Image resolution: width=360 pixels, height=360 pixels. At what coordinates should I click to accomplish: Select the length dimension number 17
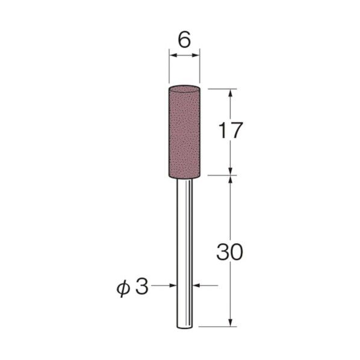click(x=231, y=131)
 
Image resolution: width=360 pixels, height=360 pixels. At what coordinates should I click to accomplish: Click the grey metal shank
click(x=185, y=253)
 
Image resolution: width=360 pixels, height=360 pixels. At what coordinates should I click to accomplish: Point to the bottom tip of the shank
click(x=185, y=327)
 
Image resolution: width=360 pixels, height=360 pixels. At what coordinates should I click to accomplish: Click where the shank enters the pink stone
click(x=185, y=177)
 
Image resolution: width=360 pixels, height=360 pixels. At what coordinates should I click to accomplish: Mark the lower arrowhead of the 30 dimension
click(x=231, y=323)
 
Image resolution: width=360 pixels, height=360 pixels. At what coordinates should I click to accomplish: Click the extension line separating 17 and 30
click(x=220, y=176)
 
